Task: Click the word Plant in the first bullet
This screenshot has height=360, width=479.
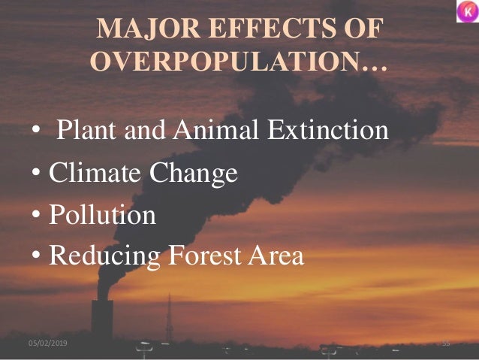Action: [83, 132]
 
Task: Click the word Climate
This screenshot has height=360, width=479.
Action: [94, 174]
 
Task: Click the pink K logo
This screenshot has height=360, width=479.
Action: [467, 11]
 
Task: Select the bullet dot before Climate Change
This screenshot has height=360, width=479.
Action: [36, 175]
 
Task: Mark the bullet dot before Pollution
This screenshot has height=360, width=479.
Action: [36, 216]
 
